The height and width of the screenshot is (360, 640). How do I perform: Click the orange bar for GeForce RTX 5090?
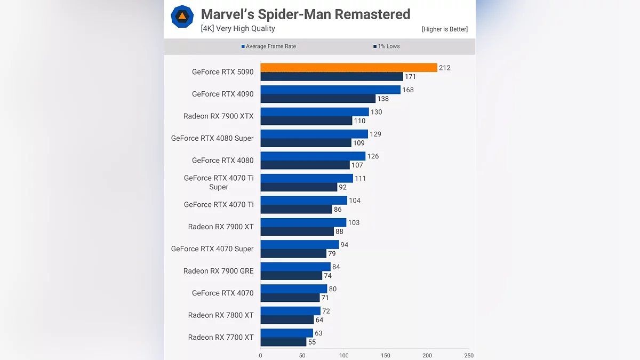point(349,68)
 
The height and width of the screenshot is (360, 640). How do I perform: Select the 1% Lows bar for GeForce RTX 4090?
point(318,99)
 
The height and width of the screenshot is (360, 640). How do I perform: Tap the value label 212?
point(445,68)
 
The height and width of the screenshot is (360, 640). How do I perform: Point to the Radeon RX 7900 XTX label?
point(219,116)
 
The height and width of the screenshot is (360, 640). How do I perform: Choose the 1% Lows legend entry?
point(387,46)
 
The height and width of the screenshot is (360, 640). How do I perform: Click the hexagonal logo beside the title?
point(182,17)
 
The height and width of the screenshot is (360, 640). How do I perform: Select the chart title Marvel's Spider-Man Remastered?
point(306,14)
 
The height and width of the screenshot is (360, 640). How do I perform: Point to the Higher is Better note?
point(445,29)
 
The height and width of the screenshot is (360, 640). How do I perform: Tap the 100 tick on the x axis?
point(344,356)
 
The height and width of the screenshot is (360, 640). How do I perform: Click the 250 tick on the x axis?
point(469,356)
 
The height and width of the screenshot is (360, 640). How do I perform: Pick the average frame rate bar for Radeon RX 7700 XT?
point(286,333)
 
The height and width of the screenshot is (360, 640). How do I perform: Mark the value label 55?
point(312,342)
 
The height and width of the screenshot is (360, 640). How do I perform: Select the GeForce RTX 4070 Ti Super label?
point(219,182)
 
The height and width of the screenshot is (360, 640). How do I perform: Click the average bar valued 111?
point(307,178)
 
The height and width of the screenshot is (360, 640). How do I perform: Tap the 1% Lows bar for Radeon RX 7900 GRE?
point(291,276)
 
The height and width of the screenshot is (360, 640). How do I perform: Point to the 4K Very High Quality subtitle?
point(238,29)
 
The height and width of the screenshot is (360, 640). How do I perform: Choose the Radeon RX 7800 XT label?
point(221,315)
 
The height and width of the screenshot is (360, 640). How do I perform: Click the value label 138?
point(383,99)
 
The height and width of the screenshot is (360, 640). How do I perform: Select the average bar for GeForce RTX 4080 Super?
point(314,134)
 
